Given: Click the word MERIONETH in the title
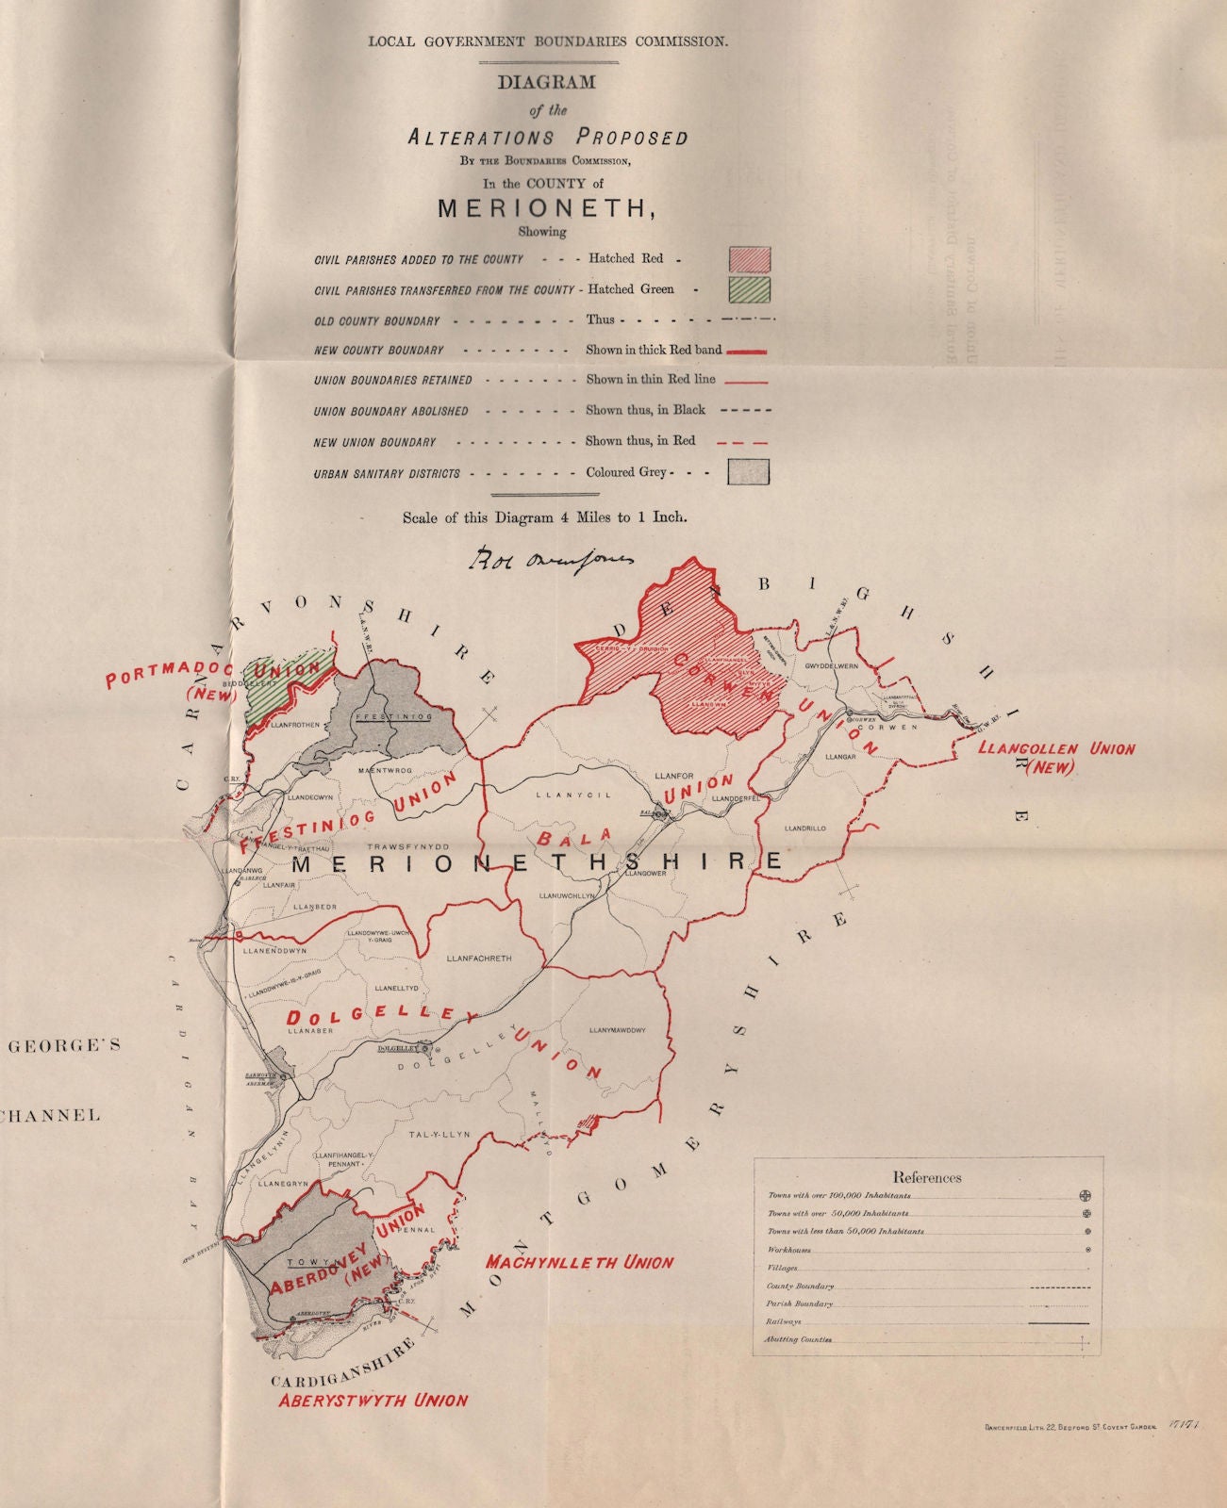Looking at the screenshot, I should pos(545,208).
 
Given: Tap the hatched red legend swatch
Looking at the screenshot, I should pos(749,258).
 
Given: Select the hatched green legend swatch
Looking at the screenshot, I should pos(749,288).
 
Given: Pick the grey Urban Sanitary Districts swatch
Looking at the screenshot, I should pos(749,471).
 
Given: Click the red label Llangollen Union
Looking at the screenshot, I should pos(1057,750).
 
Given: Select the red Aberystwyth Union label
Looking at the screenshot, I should pos(373,1400).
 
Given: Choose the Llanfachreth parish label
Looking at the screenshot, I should pos(479,959).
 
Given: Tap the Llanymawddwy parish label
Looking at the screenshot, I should pos(618,1030).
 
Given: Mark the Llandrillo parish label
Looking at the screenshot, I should pos(804,828).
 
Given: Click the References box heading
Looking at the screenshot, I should pos(927,1177).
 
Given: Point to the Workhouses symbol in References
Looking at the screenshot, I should pos(1088,1250).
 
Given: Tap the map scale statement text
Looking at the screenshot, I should pos(544,516).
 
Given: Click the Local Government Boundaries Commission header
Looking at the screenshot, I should pos(548,41).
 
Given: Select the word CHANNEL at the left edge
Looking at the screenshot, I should pos(52,1116).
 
